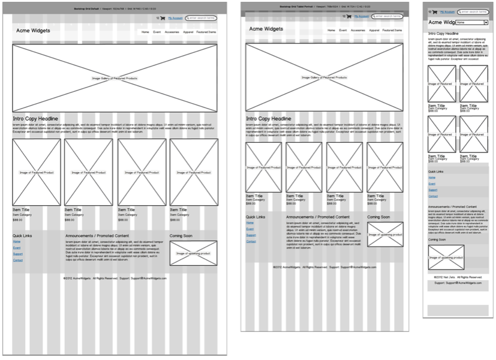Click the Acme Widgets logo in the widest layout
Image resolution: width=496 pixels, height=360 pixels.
click(x=33, y=31)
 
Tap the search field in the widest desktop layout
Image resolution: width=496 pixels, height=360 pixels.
click(x=201, y=18)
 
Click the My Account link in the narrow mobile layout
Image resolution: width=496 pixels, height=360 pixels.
click(x=447, y=11)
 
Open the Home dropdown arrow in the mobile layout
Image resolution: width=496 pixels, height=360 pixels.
click(x=486, y=22)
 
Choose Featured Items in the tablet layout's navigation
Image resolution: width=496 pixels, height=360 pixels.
click(x=392, y=29)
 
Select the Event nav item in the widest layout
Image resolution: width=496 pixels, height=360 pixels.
click(x=157, y=31)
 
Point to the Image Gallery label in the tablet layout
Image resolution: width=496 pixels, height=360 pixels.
click(x=324, y=77)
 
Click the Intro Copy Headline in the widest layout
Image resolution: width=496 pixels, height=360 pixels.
click(x=35, y=119)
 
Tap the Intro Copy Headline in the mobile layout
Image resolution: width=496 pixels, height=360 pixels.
click(x=444, y=34)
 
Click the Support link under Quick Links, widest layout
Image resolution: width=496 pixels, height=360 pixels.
click(x=18, y=254)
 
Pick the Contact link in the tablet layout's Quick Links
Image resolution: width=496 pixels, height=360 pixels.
click(x=251, y=241)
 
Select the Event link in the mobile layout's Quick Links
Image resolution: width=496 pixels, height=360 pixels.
click(x=432, y=184)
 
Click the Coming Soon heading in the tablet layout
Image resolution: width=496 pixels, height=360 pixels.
click(x=378, y=217)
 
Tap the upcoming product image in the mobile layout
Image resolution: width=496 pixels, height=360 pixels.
click(x=446, y=257)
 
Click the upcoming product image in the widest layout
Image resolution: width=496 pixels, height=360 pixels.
click(x=193, y=253)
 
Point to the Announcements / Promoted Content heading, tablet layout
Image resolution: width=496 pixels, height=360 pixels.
click(x=318, y=217)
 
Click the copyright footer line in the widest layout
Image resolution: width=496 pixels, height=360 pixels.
click(x=115, y=278)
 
